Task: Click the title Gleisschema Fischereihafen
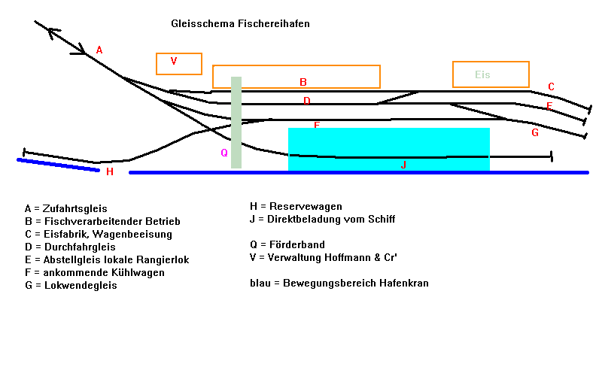pyautogui.click(x=240, y=24)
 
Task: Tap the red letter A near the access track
pyautogui.click(x=99, y=50)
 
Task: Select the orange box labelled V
pyautogui.click(x=179, y=63)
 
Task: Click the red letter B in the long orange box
pyautogui.click(x=303, y=82)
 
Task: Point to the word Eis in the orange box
pyautogui.click(x=482, y=74)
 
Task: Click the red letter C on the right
pyautogui.click(x=551, y=86)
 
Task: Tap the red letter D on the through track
pyautogui.click(x=306, y=101)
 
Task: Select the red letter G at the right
pyautogui.click(x=535, y=133)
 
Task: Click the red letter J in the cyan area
pyautogui.click(x=403, y=165)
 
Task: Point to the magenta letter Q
pyautogui.click(x=223, y=153)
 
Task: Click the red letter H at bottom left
pyautogui.click(x=110, y=171)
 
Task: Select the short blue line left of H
pyautogui.click(x=58, y=165)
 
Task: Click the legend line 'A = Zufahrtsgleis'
pyautogui.click(x=65, y=208)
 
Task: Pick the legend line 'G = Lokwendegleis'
pyautogui.click(x=70, y=286)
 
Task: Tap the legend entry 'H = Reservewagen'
pyautogui.click(x=296, y=206)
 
